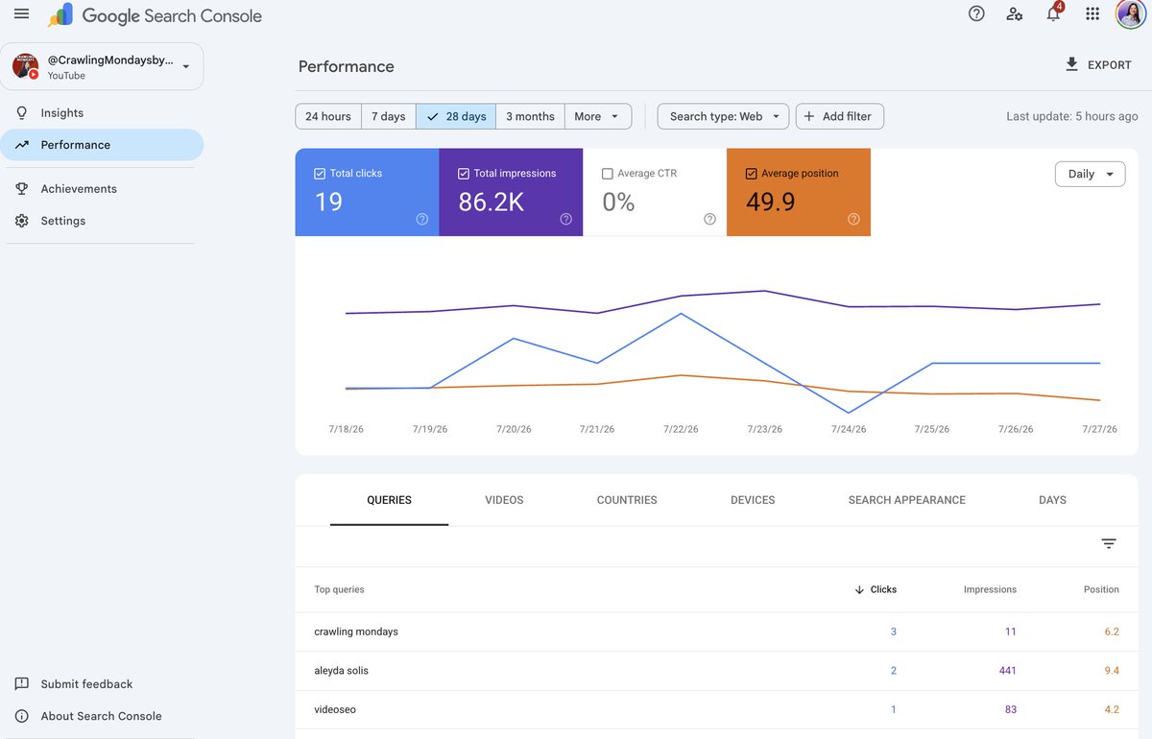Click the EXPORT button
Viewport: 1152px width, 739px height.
1098,65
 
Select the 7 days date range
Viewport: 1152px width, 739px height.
388,116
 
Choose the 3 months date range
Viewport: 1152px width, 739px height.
530,116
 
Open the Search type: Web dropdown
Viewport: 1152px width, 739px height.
723,116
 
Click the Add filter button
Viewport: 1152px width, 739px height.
840,116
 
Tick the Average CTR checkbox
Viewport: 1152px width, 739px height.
608,174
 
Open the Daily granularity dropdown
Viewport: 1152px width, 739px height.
1090,174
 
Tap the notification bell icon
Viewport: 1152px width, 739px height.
1053,13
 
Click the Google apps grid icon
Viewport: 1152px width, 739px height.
1092,13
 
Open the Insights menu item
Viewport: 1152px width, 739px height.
61,112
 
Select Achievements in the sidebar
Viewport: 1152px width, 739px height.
79,189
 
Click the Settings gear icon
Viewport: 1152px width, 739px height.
21,221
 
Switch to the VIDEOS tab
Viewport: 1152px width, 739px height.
504,500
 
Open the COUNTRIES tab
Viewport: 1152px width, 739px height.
627,500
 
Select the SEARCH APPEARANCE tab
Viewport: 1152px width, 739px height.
906,500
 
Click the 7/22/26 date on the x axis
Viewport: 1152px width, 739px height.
681,429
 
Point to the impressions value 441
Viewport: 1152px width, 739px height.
1007,670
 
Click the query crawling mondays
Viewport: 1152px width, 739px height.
356,632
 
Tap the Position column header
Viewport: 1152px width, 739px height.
1101,589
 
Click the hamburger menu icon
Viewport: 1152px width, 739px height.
21,13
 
